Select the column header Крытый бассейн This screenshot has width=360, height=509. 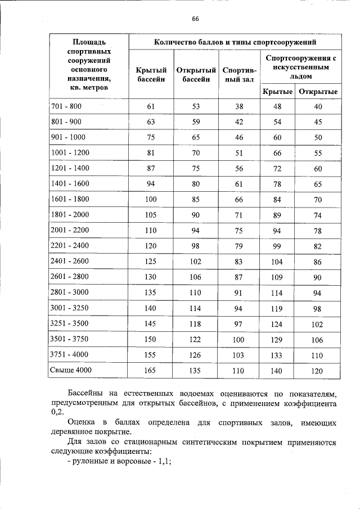coord(151,75)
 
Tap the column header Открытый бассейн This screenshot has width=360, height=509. coord(196,75)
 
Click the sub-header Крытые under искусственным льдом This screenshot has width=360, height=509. coord(277,92)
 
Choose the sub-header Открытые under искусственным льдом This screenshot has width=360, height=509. coord(318,92)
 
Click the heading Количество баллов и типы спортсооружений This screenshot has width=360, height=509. coord(235,42)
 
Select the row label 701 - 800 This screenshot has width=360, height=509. coord(66,106)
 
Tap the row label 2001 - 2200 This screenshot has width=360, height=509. coord(70,231)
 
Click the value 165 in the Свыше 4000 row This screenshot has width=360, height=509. coord(151,371)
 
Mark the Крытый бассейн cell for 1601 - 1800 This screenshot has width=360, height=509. coord(151,199)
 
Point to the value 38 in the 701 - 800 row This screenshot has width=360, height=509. coord(239,107)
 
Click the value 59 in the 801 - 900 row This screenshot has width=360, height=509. coord(196,121)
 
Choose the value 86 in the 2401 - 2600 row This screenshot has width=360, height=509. coord(318,262)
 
